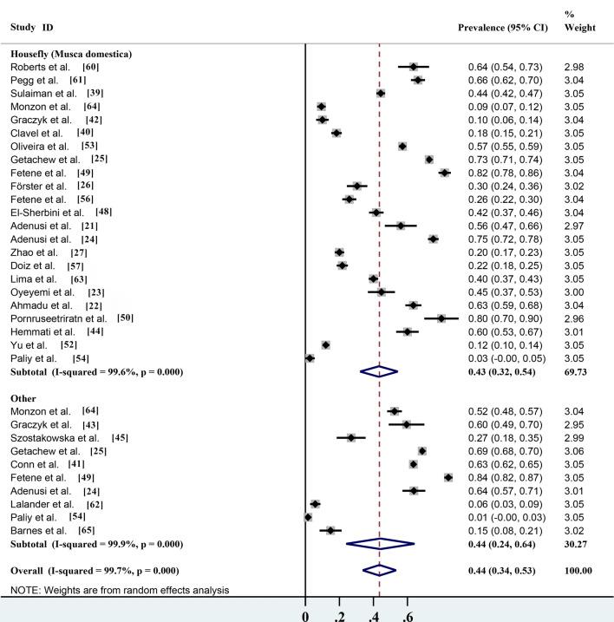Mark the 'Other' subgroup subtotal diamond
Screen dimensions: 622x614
coord(380,544)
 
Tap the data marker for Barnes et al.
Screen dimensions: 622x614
coord(330,529)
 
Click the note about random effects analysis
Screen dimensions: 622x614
coord(121,591)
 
